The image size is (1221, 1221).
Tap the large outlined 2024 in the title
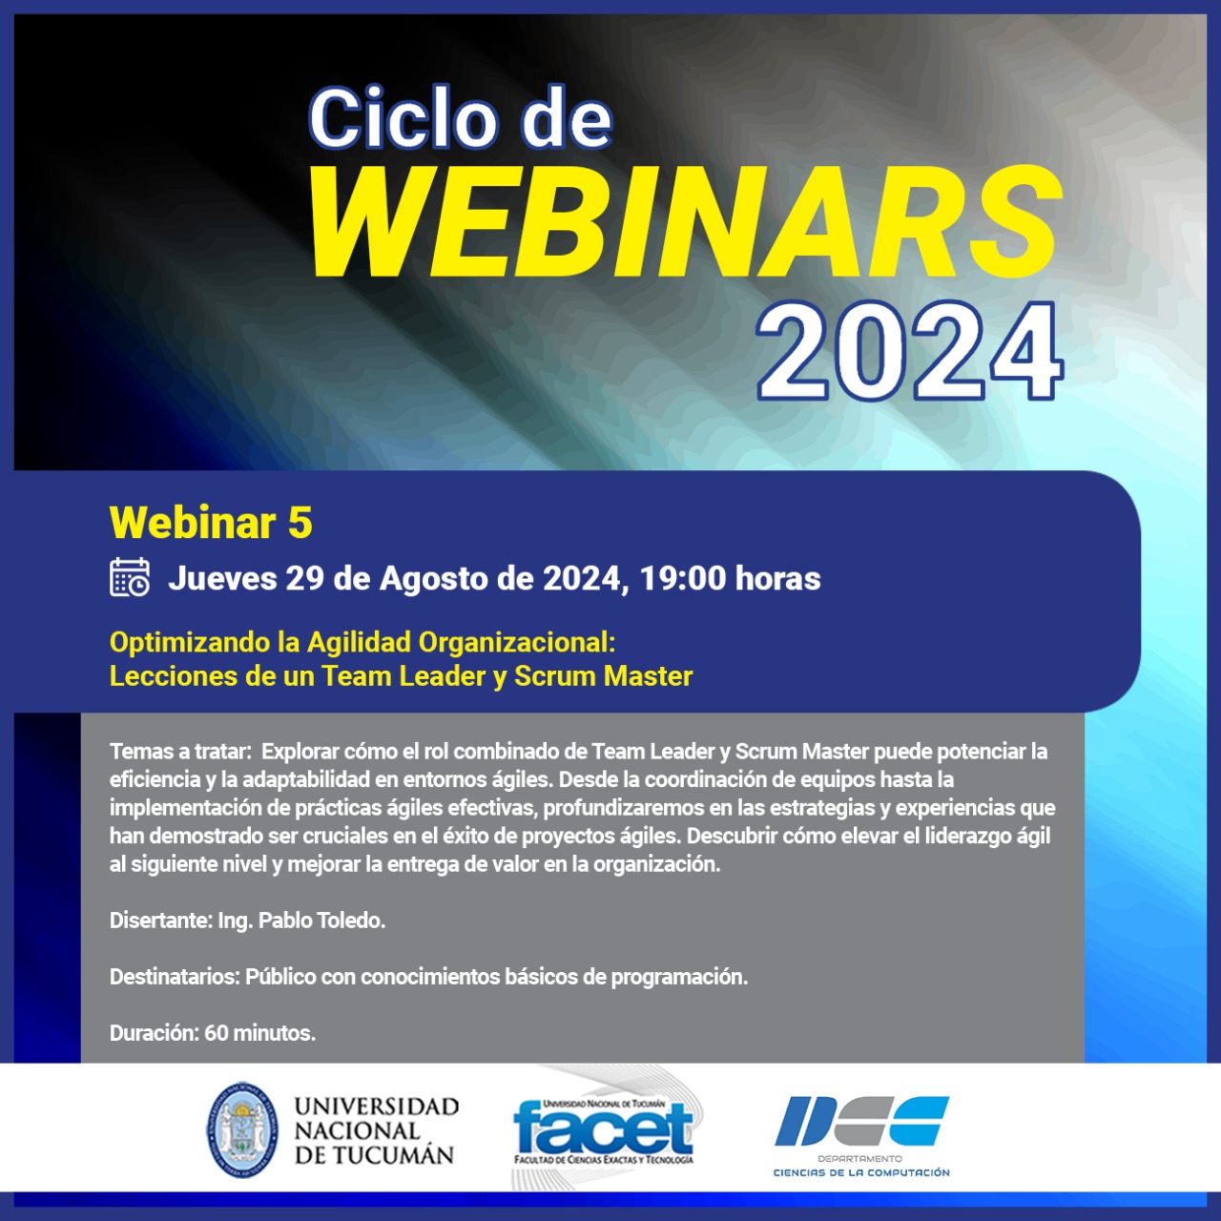[909, 351]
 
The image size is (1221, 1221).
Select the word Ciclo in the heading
[401, 118]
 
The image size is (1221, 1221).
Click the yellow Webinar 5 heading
[211, 523]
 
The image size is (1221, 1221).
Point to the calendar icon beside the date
[130, 577]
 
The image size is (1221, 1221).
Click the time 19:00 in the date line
[682, 578]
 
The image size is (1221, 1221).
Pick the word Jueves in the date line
[222, 578]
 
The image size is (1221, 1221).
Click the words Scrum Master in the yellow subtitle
[603, 676]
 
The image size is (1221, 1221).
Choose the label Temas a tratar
[180, 752]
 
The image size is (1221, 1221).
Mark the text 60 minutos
[259, 1033]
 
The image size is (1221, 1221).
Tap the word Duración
[154, 1033]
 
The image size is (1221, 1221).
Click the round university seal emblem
[242, 1131]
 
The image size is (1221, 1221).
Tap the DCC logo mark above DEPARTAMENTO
[861, 1122]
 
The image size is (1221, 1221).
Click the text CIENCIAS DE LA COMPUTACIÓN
[861, 1173]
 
